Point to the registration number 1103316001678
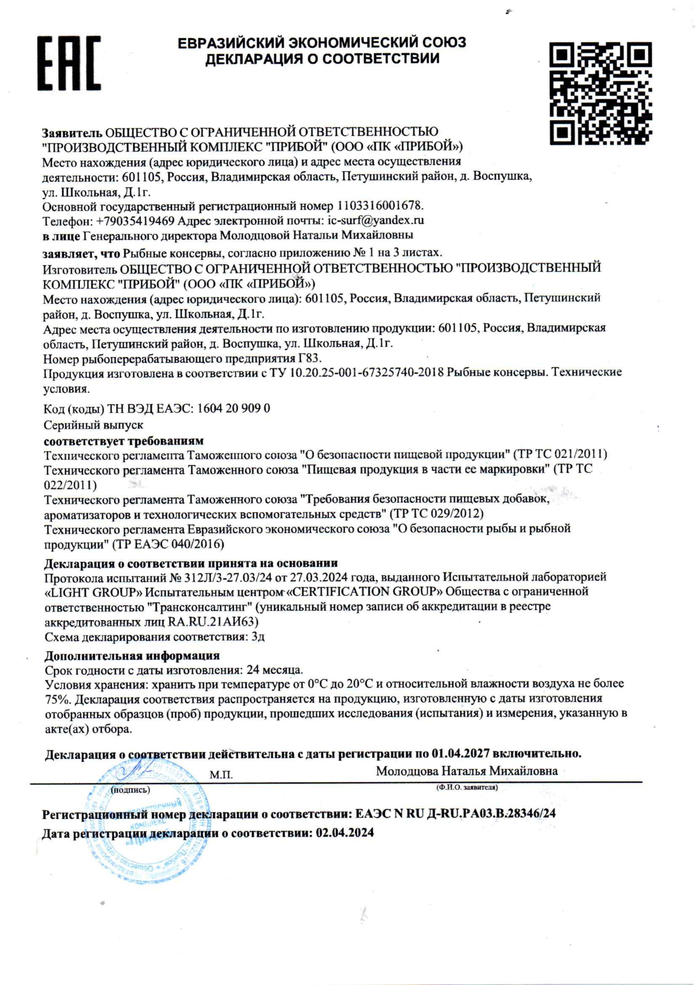pos(380,206)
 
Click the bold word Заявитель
pos(72,132)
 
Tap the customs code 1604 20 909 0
pos(234,408)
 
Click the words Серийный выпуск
pos(93,425)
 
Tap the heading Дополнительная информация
pos(132,656)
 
